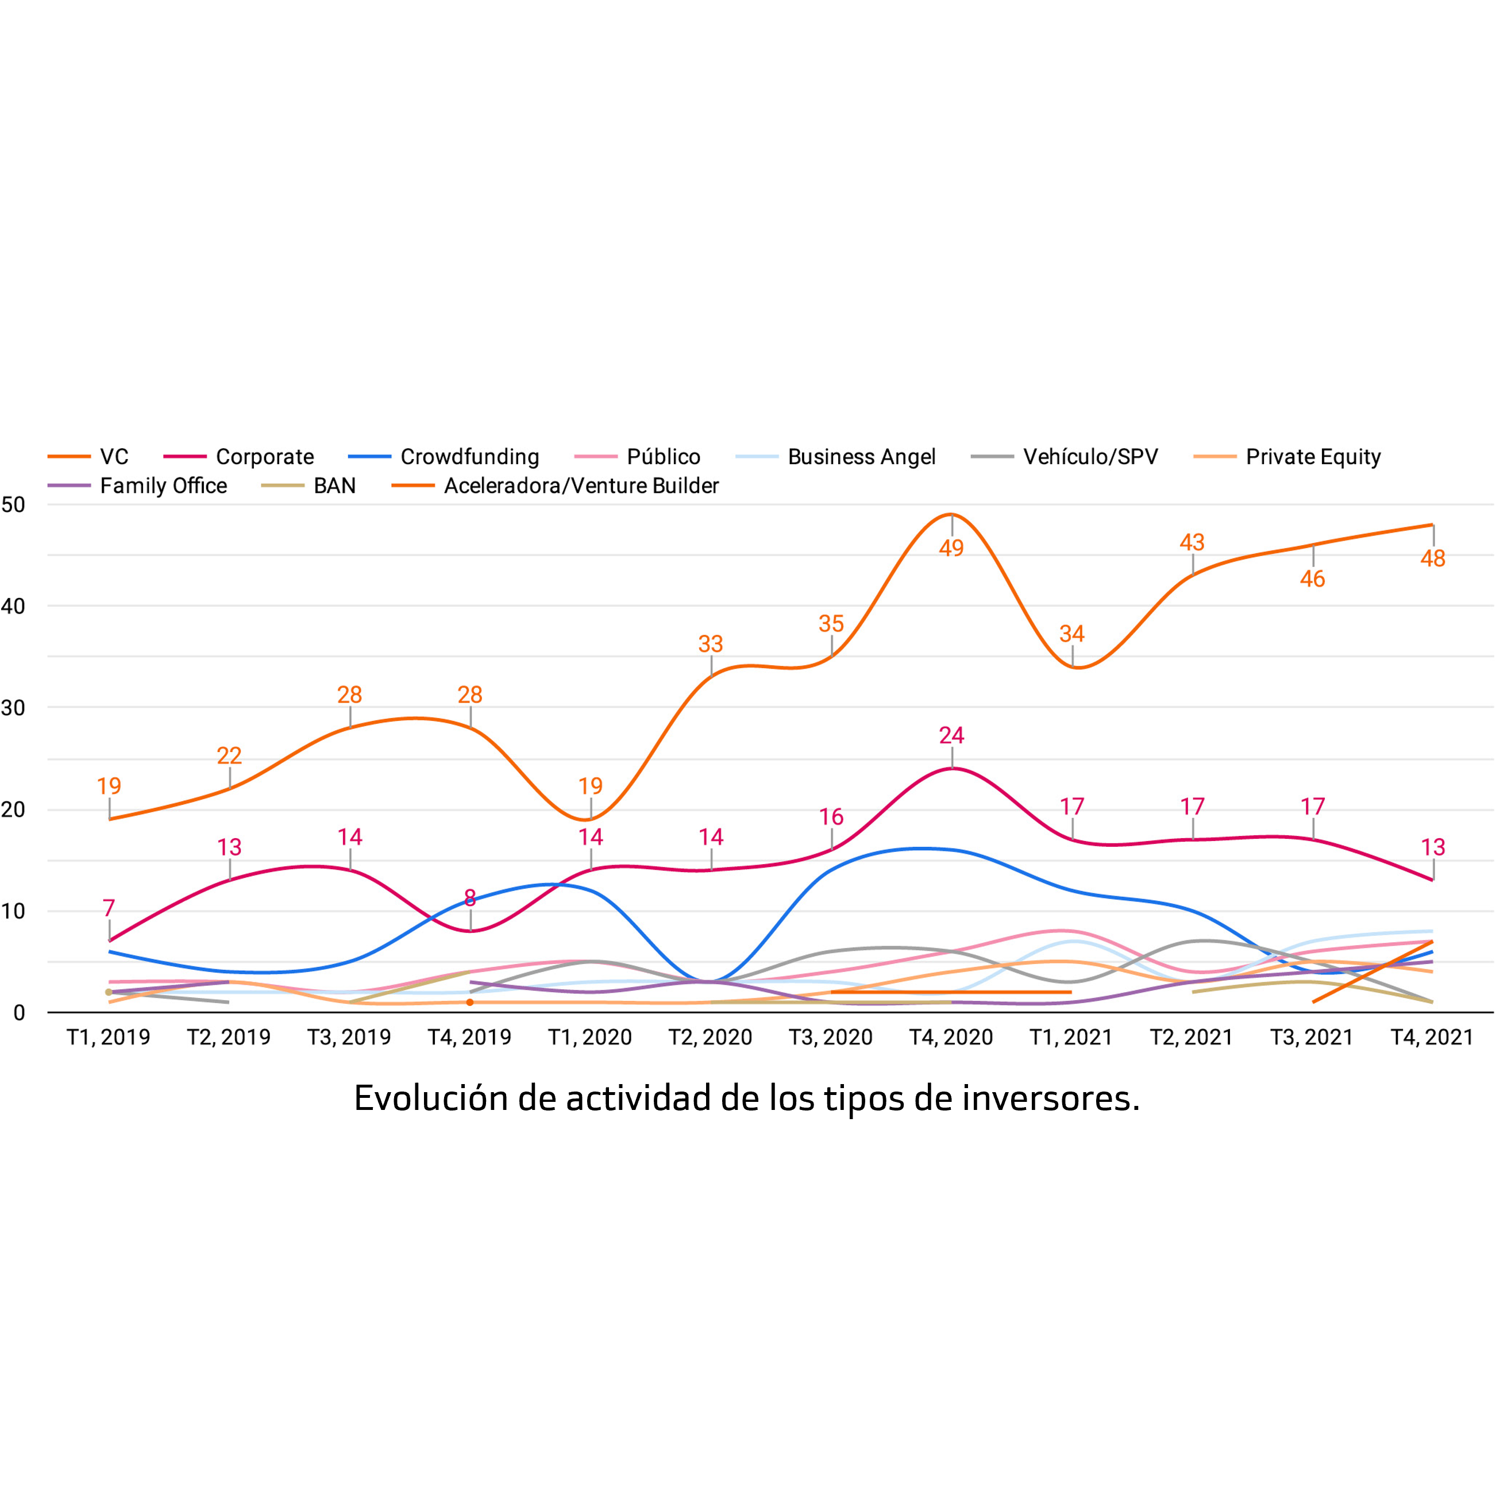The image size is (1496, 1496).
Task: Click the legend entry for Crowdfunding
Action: pyautogui.click(x=469, y=457)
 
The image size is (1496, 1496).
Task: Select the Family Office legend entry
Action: pyautogui.click(x=163, y=485)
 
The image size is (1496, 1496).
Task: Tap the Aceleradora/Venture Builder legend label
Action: pyautogui.click(x=581, y=485)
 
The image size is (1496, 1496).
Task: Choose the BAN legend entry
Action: pyautogui.click(x=334, y=485)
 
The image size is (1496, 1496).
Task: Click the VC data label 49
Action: pyautogui.click(x=951, y=548)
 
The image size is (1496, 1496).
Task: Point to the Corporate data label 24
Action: pyautogui.click(x=951, y=735)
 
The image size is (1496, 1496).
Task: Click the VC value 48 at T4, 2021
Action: pyautogui.click(x=1432, y=558)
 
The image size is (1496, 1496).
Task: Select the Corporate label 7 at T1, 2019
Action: pyautogui.click(x=109, y=908)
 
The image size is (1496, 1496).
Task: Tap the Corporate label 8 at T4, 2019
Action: pyautogui.click(x=470, y=897)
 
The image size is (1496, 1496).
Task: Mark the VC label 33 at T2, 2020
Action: pyautogui.click(x=711, y=643)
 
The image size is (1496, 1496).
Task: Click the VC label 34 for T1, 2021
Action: pyautogui.click(x=1071, y=634)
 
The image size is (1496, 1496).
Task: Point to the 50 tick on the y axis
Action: pyautogui.click(x=13, y=505)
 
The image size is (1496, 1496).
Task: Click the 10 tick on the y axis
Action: pyautogui.click(x=13, y=911)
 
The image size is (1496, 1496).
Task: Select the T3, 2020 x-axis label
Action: pyautogui.click(x=831, y=1038)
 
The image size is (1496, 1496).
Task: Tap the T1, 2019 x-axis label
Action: pyautogui.click(x=109, y=1038)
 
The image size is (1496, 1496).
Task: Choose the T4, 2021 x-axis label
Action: pyautogui.click(x=1432, y=1038)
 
